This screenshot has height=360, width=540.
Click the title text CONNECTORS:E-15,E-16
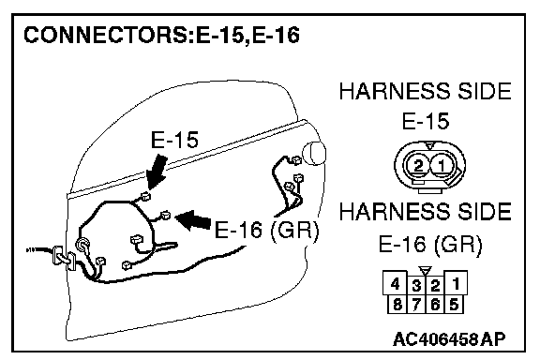[x=161, y=35]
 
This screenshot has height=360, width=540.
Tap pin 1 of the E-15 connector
[x=442, y=166]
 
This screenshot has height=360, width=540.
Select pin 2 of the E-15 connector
[x=418, y=166]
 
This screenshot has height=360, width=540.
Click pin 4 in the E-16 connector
[x=396, y=284]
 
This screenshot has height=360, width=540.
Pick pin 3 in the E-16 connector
[x=416, y=286]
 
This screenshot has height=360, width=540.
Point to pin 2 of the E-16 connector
[x=435, y=286]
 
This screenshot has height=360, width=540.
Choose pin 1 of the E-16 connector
[x=456, y=284]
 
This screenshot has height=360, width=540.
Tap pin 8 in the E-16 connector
[x=397, y=305]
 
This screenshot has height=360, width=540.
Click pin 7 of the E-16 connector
[x=416, y=305]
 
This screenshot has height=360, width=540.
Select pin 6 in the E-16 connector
[x=435, y=305]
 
